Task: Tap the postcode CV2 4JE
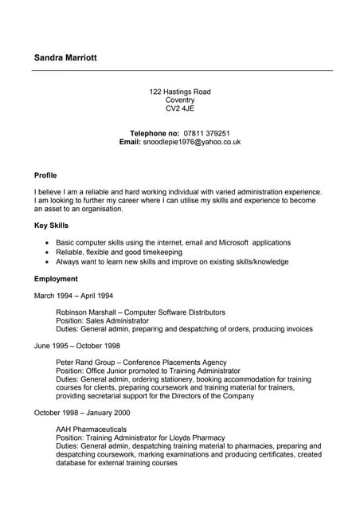(x=180, y=108)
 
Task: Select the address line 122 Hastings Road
(x=180, y=92)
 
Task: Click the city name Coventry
(x=180, y=100)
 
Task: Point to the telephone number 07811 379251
(x=207, y=133)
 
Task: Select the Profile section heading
(x=45, y=175)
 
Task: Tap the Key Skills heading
(x=51, y=226)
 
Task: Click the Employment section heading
(x=56, y=279)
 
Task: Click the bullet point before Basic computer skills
(x=49, y=242)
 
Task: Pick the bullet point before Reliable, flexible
(x=49, y=252)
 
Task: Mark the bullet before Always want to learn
(x=49, y=261)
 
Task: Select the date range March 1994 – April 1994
(x=74, y=296)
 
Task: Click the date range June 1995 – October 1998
(x=77, y=346)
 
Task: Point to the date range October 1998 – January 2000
(x=83, y=413)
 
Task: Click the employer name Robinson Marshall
(x=85, y=312)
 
